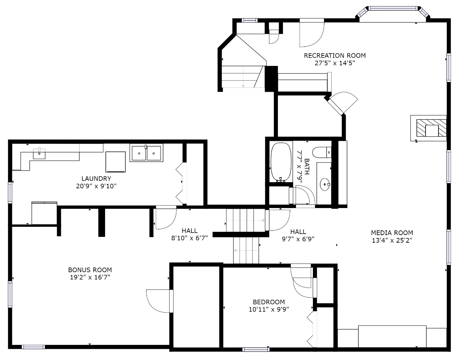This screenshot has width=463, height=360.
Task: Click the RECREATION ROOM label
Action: tap(334, 55)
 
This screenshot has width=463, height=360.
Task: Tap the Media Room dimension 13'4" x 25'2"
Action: tap(392, 240)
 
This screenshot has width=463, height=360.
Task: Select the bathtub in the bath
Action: tap(281, 162)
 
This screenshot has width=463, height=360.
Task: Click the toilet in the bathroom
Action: tap(322, 152)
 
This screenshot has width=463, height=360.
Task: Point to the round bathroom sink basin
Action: tap(325, 184)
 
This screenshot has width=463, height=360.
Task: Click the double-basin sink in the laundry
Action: tap(147, 153)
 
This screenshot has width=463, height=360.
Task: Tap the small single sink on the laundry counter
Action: tap(39, 153)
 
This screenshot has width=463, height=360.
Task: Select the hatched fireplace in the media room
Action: tap(431, 128)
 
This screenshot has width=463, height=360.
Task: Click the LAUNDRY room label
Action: tap(96, 179)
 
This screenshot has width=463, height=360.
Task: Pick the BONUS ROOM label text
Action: tap(90, 270)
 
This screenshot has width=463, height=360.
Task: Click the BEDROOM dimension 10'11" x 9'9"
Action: tap(269, 309)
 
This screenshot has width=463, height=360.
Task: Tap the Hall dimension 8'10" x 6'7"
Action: tap(189, 238)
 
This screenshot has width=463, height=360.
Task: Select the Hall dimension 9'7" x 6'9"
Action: tap(298, 239)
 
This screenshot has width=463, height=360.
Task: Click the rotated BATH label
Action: tap(307, 166)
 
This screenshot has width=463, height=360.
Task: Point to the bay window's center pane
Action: tap(393, 8)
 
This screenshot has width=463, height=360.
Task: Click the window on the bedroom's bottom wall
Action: tap(256, 350)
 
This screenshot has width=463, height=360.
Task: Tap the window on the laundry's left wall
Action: tap(10, 193)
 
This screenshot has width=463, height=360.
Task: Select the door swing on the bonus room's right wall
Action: tap(160, 301)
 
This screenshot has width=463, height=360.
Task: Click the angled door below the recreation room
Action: tap(341, 103)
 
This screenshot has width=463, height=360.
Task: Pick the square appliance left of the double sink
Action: tap(116, 162)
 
